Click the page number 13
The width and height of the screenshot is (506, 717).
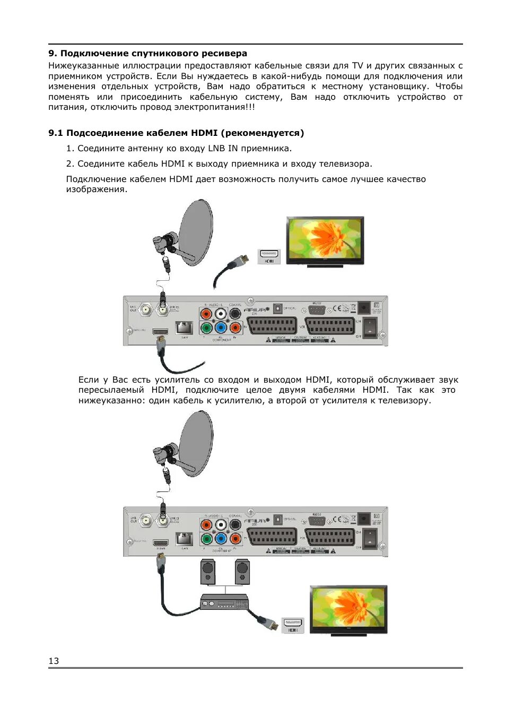pos(54,661)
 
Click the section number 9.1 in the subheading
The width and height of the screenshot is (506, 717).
pos(55,133)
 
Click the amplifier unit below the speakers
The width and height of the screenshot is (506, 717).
pos(224,602)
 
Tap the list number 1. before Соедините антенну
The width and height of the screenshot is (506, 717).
pos(70,148)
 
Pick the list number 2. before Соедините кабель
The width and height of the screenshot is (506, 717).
pos(70,163)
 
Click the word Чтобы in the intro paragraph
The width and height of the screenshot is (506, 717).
pos(449,87)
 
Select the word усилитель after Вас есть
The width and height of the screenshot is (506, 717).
pos(178,379)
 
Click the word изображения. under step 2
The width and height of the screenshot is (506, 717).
pos(97,189)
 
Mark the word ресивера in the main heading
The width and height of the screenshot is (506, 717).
pos(227,53)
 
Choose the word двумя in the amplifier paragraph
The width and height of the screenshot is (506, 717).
pos(292,390)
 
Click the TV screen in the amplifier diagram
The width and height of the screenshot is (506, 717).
pos(348,608)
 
